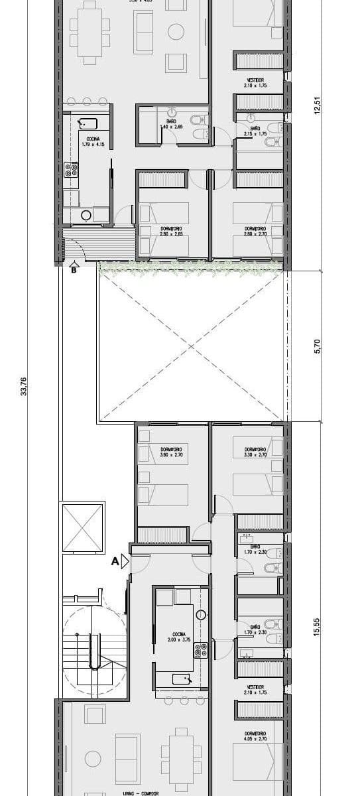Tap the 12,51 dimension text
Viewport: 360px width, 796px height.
point(318,105)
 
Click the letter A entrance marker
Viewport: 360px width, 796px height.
point(115,561)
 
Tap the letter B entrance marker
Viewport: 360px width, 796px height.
point(74,270)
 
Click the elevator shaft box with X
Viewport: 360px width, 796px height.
point(83,528)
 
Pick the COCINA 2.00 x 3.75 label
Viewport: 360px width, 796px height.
point(176,637)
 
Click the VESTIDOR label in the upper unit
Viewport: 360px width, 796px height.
point(255,82)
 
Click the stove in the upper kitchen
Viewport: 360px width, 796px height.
point(72,169)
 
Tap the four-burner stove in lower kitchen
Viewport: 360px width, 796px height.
point(201,651)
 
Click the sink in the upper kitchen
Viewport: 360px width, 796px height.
point(88,123)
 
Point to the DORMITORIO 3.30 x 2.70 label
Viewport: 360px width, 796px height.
point(255,453)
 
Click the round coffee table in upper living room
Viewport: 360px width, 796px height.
point(176,31)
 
